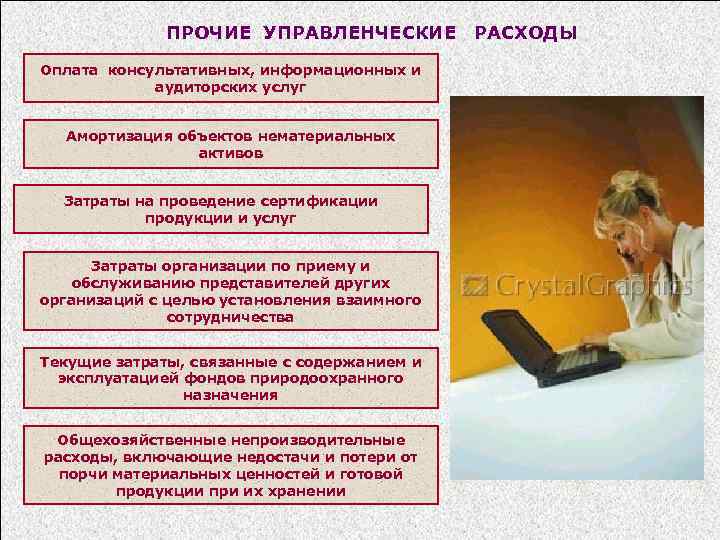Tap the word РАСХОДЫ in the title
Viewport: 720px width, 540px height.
click(526, 33)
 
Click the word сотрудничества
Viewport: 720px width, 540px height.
click(230, 316)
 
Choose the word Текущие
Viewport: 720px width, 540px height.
click(71, 362)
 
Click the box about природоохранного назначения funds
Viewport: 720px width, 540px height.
click(230, 378)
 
